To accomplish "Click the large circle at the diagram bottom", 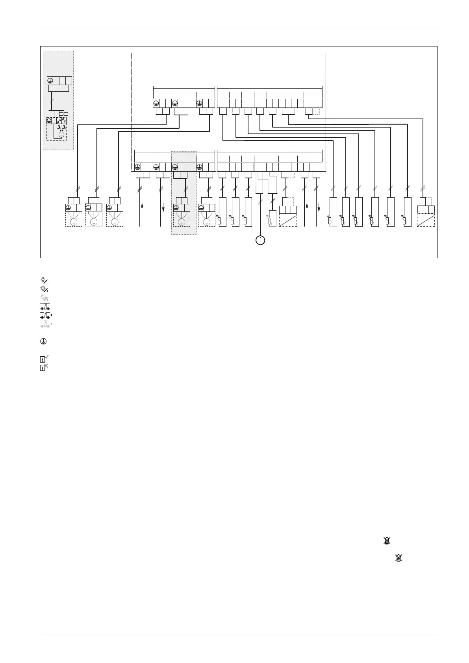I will point(260,240).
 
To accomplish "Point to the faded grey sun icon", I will point(44,298).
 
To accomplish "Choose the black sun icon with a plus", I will point(44,289).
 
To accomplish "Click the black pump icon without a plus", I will point(44,307).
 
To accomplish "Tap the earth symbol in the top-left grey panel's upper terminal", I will point(50,80).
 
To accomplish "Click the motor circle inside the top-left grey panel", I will point(61,135).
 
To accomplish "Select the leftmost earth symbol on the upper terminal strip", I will point(156,103).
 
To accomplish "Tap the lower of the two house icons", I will point(399,557).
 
